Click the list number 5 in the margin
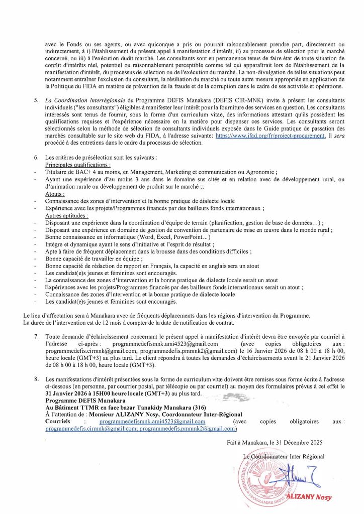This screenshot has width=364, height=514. click(37, 101)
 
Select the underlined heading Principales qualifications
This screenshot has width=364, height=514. click(78, 165)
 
